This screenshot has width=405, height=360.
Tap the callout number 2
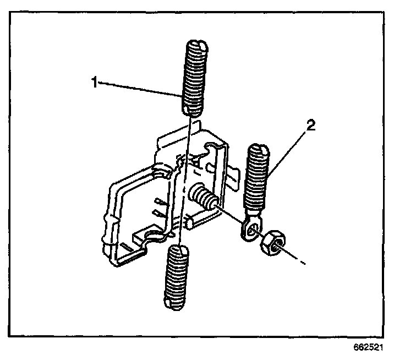311,126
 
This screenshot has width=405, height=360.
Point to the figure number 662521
368,348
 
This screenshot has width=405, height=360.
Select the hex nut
271,243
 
